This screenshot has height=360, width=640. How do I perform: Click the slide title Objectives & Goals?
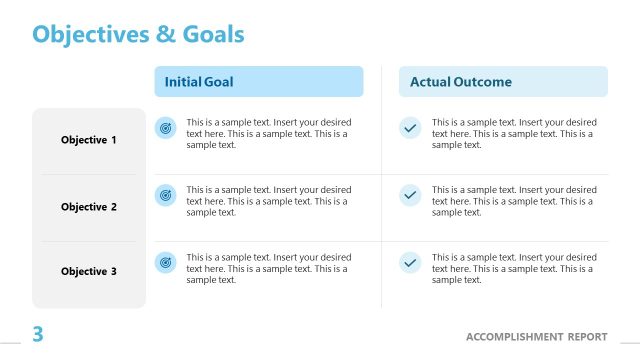click(x=138, y=34)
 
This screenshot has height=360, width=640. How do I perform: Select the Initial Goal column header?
click(x=199, y=82)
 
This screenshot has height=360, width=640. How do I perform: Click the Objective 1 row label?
click(x=89, y=140)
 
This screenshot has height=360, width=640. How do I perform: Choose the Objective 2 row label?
click(x=89, y=207)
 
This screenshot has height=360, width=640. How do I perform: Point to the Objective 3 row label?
click(x=89, y=271)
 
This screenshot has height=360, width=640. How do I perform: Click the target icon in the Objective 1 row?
click(x=166, y=129)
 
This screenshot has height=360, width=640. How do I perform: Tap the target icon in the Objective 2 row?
click(x=166, y=196)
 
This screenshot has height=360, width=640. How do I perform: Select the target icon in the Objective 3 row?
click(x=166, y=263)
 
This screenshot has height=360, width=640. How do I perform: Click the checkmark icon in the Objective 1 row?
click(x=410, y=129)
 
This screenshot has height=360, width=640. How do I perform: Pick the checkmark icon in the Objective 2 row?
click(x=410, y=196)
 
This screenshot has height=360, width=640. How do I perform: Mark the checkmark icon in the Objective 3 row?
click(x=410, y=263)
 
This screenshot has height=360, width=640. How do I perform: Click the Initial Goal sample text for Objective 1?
click(x=268, y=133)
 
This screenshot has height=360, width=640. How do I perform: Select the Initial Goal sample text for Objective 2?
click(x=268, y=200)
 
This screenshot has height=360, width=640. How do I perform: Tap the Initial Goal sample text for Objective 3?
click(x=268, y=268)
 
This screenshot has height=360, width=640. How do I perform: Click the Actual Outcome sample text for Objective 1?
click(x=514, y=133)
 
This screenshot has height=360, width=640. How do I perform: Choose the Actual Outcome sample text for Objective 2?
click(x=514, y=200)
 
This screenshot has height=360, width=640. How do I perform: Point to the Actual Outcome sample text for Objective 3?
click(x=514, y=268)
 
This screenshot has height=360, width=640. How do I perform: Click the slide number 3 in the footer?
click(x=38, y=335)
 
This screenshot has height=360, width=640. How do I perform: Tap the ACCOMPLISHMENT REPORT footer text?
click(x=536, y=336)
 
